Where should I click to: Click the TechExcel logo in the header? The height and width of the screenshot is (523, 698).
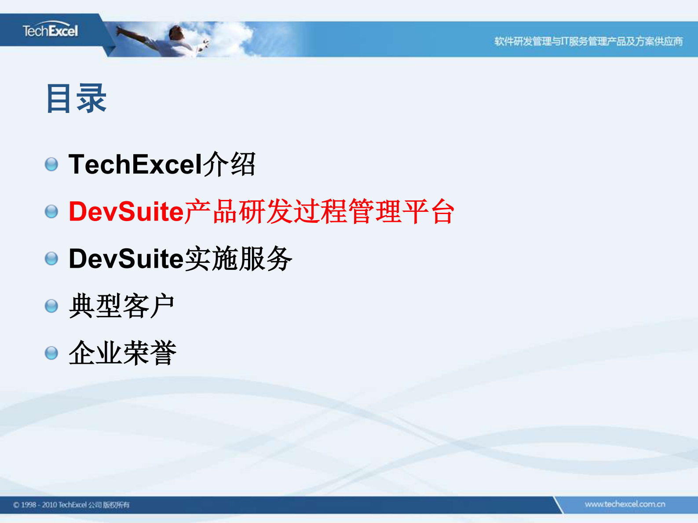(x=50, y=31)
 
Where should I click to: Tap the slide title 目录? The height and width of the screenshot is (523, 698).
(x=76, y=98)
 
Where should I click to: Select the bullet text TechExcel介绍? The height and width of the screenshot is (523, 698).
(x=162, y=164)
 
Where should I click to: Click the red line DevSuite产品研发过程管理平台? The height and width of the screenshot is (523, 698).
(x=261, y=211)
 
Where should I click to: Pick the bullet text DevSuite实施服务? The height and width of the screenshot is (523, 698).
(x=180, y=258)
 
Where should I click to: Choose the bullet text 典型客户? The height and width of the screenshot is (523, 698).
(x=121, y=306)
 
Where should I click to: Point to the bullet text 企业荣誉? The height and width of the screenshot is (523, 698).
(x=122, y=353)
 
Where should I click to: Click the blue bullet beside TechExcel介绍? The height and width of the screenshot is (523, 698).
(x=51, y=164)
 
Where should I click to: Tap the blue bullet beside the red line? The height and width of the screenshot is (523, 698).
(x=51, y=211)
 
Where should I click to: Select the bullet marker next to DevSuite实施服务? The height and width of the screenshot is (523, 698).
(x=51, y=258)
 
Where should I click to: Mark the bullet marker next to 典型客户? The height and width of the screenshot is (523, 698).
(x=51, y=306)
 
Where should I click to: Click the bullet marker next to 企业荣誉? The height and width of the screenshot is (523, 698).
(x=51, y=353)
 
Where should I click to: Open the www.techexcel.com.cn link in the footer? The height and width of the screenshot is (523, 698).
(x=625, y=504)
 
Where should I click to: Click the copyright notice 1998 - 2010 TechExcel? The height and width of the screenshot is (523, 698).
(x=71, y=505)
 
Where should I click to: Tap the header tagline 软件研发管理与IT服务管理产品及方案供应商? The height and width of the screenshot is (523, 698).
(x=588, y=41)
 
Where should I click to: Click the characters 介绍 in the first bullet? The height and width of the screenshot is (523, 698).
(x=229, y=164)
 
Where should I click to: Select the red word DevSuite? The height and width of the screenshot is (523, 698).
(x=126, y=211)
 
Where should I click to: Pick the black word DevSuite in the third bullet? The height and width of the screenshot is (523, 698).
(x=126, y=258)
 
